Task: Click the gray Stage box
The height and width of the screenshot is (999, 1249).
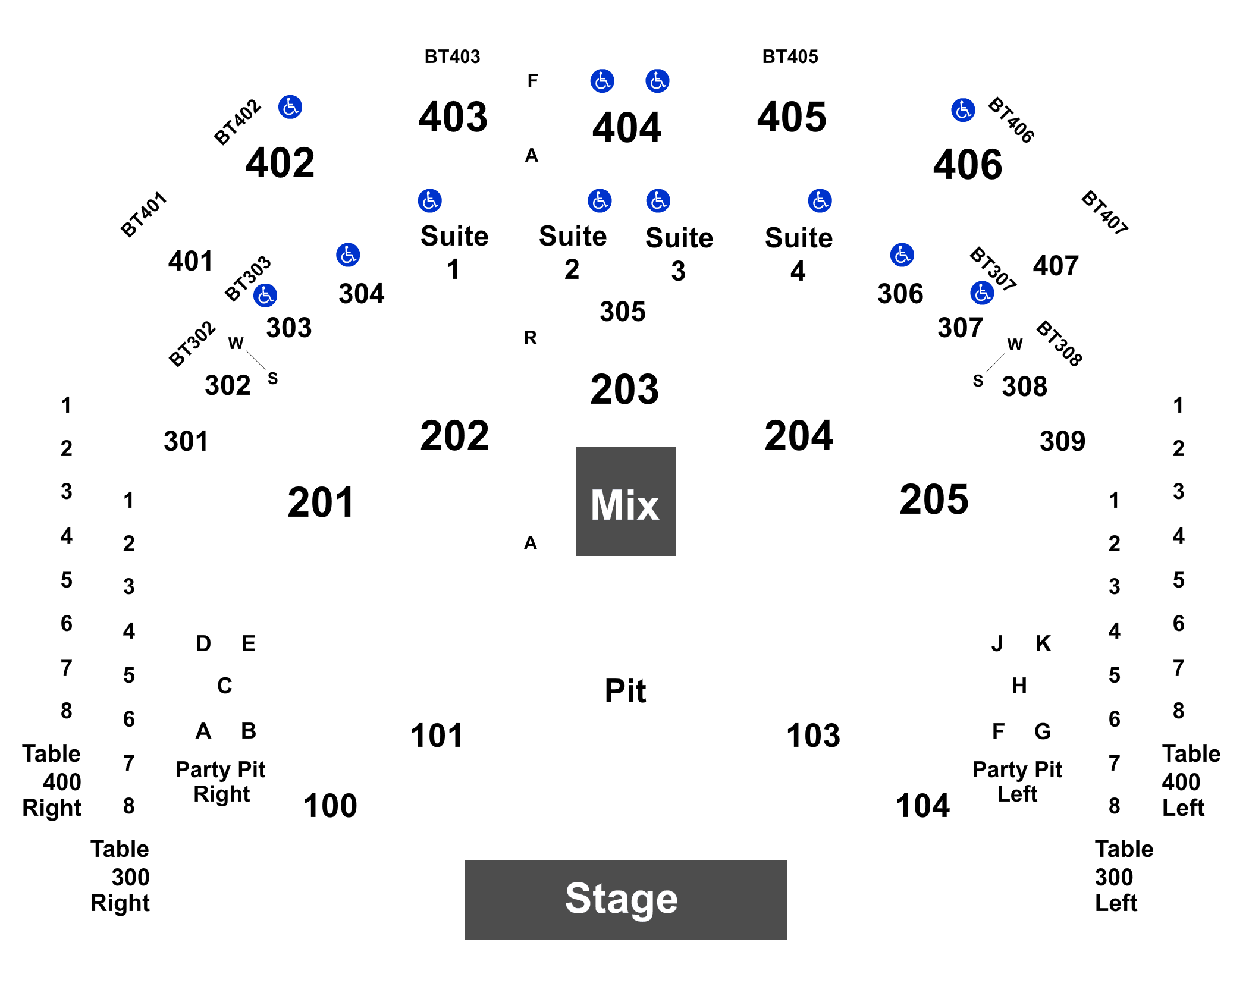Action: pos(625,900)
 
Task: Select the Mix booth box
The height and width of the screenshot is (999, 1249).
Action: pos(626,501)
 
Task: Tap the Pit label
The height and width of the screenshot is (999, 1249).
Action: pos(625,691)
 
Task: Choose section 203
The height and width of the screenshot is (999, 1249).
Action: pos(624,389)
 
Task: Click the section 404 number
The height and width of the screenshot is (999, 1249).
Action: pos(627,128)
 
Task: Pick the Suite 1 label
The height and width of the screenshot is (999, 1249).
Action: pos(454,252)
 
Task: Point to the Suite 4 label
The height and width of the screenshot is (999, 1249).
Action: pos(799,254)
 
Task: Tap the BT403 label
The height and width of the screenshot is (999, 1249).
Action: pos(452,56)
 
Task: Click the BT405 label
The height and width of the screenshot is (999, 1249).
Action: pos(790,56)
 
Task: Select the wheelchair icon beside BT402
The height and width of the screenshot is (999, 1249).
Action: pos(290,107)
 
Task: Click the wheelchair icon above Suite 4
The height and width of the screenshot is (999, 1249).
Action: pos(820,201)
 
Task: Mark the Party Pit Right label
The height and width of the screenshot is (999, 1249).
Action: pos(221,781)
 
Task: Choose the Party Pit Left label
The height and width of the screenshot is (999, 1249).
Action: pos(1017,781)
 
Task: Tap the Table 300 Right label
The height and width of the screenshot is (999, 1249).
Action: pos(120,876)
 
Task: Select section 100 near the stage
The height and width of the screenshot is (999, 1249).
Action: pos(330,806)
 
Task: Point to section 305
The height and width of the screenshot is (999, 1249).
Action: pos(623,312)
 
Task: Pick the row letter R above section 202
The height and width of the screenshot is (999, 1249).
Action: pos(531,338)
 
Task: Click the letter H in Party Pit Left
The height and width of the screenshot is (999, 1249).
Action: pos(1019,686)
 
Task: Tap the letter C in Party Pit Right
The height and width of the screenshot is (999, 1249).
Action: pos(225,686)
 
